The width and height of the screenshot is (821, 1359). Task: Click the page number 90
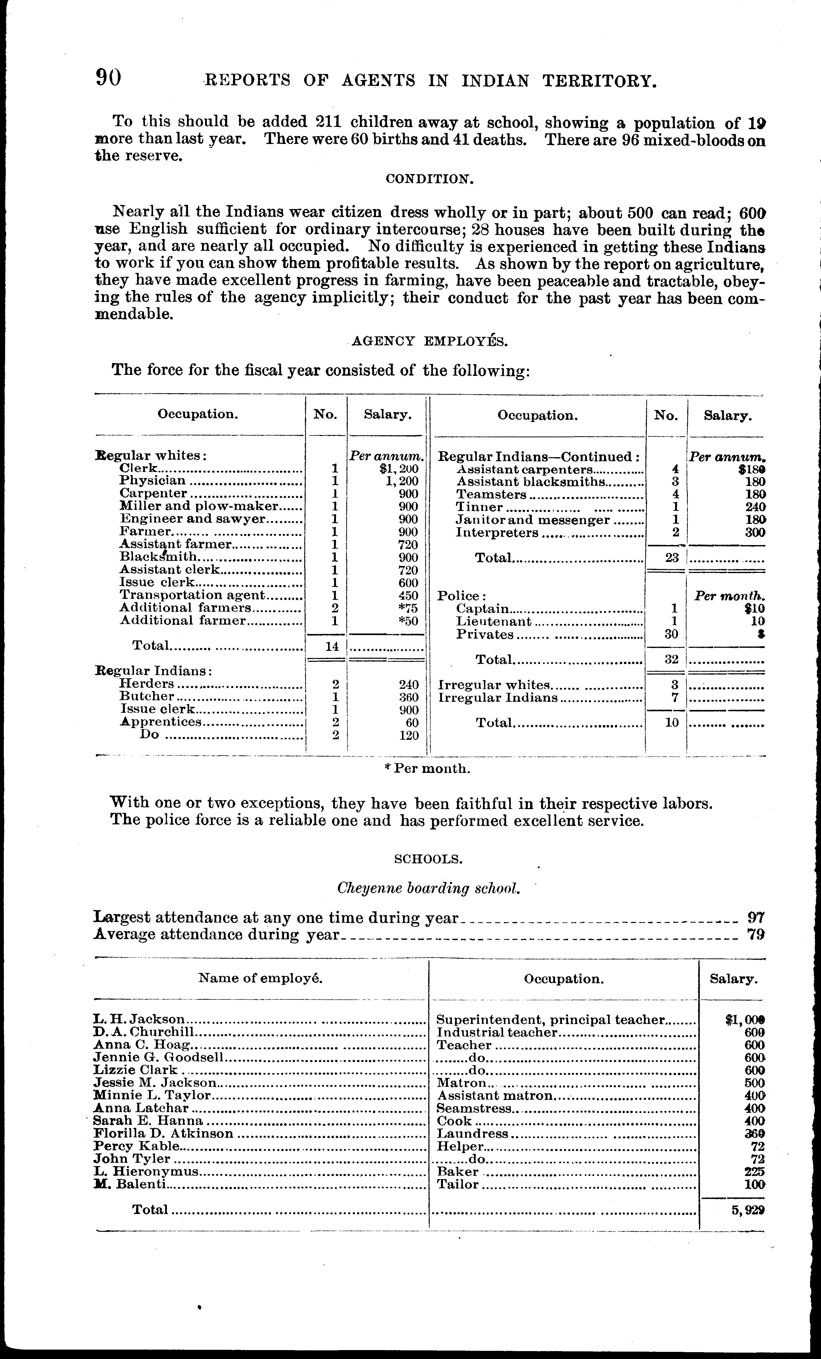coord(109,78)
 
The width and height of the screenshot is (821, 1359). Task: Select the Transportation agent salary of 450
coord(409,596)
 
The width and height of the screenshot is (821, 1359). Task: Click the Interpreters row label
coord(497,533)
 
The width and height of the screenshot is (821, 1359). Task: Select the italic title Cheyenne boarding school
coord(428,889)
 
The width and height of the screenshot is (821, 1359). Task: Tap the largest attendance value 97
coord(755,918)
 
